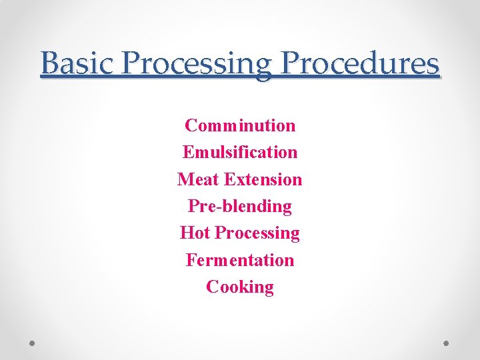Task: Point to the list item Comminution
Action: click(240, 125)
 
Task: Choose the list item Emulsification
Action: click(240, 152)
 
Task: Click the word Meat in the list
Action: click(199, 179)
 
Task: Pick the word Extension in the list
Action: click(263, 179)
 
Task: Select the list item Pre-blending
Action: click(240, 207)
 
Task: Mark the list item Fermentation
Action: click(240, 260)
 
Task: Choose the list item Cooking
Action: click(240, 287)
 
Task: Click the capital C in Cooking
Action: click(213, 287)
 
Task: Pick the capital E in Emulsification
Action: click(187, 152)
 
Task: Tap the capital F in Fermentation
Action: click(191, 260)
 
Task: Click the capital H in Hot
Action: click(186, 233)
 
